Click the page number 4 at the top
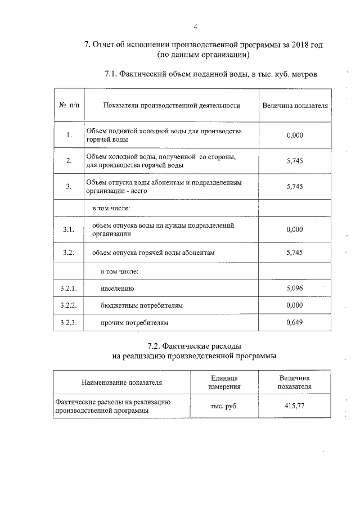[195, 26]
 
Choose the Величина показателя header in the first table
[295, 105]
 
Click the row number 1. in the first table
[69, 135]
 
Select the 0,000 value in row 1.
[295, 135]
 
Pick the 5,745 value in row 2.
[295, 161]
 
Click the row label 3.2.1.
[69, 288]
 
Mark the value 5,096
[295, 288]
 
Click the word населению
[118, 289]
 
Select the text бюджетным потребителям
[142, 305]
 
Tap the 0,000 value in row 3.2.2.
[295, 305]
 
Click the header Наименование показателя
[121, 382]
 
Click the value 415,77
[295, 406]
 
